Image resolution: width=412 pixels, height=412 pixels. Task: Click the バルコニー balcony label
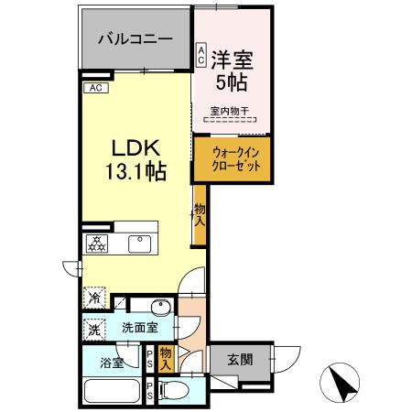pos(136,40)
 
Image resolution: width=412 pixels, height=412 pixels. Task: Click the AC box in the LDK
pos(96,89)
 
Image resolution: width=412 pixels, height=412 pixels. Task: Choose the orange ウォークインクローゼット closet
pos(232,160)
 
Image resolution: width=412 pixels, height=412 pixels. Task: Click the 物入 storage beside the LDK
pos(199,214)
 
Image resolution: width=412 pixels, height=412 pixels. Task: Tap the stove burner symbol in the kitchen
pos(96,244)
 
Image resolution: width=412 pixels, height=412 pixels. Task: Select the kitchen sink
pos(139,244)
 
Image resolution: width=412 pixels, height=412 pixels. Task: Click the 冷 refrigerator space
pos(94,298)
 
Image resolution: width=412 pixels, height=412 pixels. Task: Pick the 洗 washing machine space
pos(94,328)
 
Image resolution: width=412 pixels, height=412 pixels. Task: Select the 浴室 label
pos(114,362)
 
